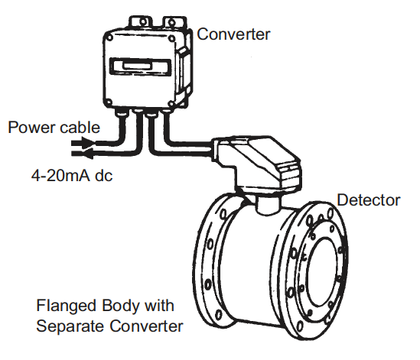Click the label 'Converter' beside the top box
tap(233, 34)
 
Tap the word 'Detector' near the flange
tap(368, 200)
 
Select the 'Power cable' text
tap(54, 127)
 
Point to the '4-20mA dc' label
tap(72, 176)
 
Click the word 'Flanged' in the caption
tap(66, 306)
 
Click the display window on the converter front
tap(140, 67)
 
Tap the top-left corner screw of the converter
tap(109, 37)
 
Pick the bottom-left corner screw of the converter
tap(109, 102)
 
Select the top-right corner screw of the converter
tap(171, 38)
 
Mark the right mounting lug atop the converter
tap(174, 22)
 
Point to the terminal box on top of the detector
tap(257, 164)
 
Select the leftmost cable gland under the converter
tap(122, 112)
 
